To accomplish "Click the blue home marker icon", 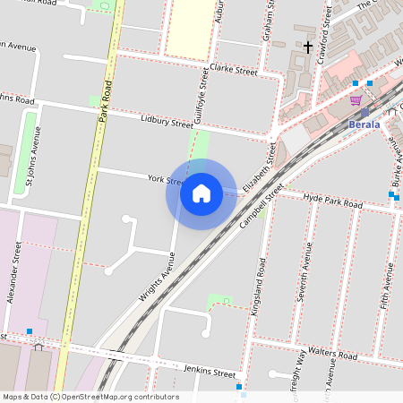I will tap(201, 193).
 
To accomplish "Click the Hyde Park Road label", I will tap(332, 201).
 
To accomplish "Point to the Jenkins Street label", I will tap(209, 372).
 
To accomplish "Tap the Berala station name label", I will tap(364, 124).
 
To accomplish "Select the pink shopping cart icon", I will tap(356, 99).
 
